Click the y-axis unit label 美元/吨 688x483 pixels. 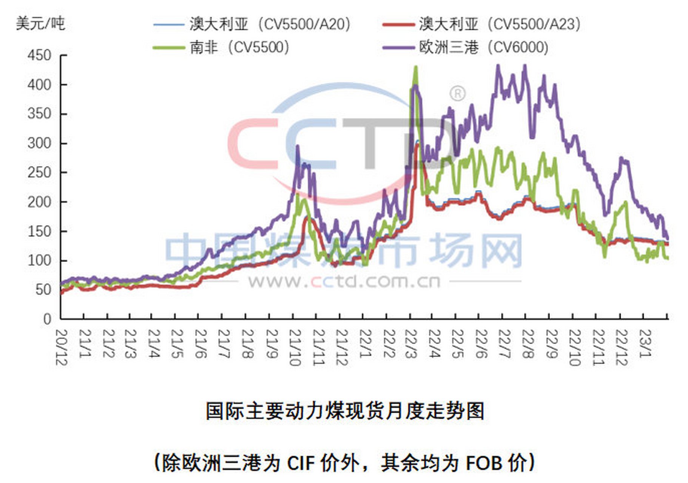pyautogui.click(x=40, y=24)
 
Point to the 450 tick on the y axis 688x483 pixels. pyautogui.click(x=39, y=55)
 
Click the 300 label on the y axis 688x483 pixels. pyautogui.click(x=39, y=143)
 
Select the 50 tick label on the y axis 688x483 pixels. pyautogui.click(x=43, y=290)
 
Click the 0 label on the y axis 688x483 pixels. pyautogui.click(x=47, y=319)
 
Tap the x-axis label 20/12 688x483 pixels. pyautogui.click(x=62, y=347)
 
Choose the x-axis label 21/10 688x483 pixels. pyautogui.click(x=295, y=347)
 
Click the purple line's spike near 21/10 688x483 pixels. pyautogui.click(x=297, y=146)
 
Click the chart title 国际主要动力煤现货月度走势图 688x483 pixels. pyautogui.click(x=345, y=411)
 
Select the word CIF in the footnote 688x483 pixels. pyautogui.click(x=301, y=463)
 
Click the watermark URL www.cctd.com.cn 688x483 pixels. pyautogui.click(x=344, y=281)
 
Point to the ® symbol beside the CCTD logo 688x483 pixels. pyautogui.click(x=458, y=93)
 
